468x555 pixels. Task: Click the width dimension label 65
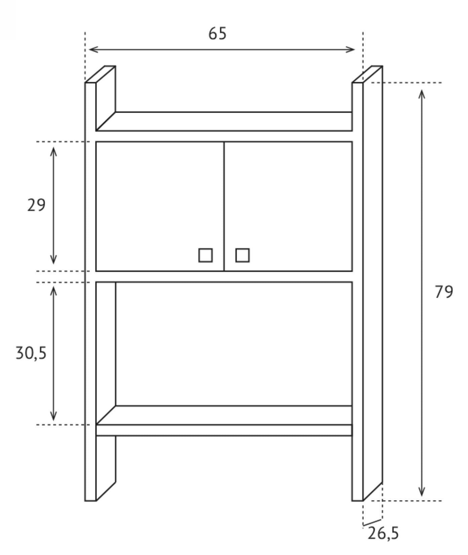tap(218, 34)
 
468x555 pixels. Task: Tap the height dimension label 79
tap(444, 292)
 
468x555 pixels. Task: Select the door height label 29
tap(36, 205)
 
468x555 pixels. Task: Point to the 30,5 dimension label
tap(31, 353)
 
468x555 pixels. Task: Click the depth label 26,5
tap(383, 533)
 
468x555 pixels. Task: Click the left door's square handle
tap(205, 255)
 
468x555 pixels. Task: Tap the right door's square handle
tap(242, 255)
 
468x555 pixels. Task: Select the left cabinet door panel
tap(160, 206)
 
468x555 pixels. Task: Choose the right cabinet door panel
tap(288, 206)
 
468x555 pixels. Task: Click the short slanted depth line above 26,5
tap(373, 522)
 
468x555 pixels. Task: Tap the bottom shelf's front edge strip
tap(224, 430)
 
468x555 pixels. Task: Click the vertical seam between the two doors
tap(224, 206)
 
